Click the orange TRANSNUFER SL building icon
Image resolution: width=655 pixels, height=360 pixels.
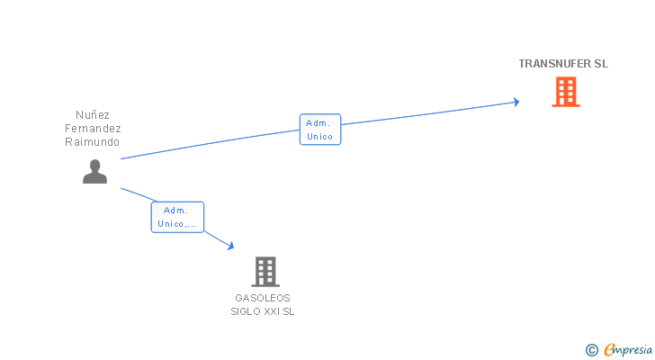[566, 92]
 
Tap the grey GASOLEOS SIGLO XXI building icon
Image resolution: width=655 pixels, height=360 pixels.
[265, 271]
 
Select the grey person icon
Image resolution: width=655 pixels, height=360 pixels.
[94, 171]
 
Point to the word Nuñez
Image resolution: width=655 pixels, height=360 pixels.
[93, 115]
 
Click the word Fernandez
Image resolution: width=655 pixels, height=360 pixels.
[93, 129]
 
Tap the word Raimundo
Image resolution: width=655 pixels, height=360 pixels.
[93, 142]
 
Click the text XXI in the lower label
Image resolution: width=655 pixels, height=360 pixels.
[271, 311]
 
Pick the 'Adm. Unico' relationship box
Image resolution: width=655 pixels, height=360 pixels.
[319, 130]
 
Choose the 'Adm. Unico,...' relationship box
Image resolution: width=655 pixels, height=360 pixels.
[177, 217]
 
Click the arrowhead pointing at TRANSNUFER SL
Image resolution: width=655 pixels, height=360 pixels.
[516, 102]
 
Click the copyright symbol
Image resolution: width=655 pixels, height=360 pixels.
[592, 349]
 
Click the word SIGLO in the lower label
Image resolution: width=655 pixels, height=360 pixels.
[245, 311]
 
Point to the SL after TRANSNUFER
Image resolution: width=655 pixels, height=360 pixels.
[601, 64]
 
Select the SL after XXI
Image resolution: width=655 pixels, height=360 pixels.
[288, 311]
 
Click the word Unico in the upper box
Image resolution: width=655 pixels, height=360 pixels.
[319, 137]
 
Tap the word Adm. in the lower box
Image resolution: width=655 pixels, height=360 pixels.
[175, 210]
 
